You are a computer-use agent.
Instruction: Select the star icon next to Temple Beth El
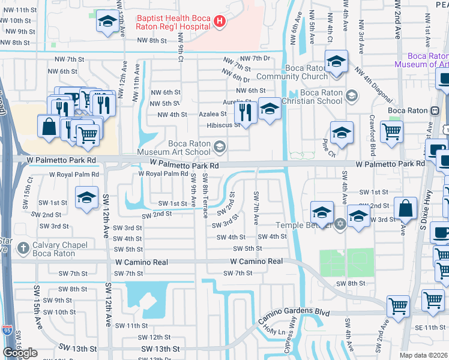pyautogui.click(x=340, y=224)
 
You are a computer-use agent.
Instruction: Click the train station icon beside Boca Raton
pyautogui.click(x=434, y=110)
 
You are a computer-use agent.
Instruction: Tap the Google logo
pyautogui.click(x=20, y=352)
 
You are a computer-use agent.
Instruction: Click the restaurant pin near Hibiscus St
pyautogui.click(x=246, y=111)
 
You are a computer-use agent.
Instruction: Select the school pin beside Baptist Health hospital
pyautogui.click(x=107, y=22)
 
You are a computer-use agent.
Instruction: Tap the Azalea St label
pyautogui.click(x=213, y=114)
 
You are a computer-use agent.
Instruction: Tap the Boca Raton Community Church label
pyautogui.click(x=291, y=72)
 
